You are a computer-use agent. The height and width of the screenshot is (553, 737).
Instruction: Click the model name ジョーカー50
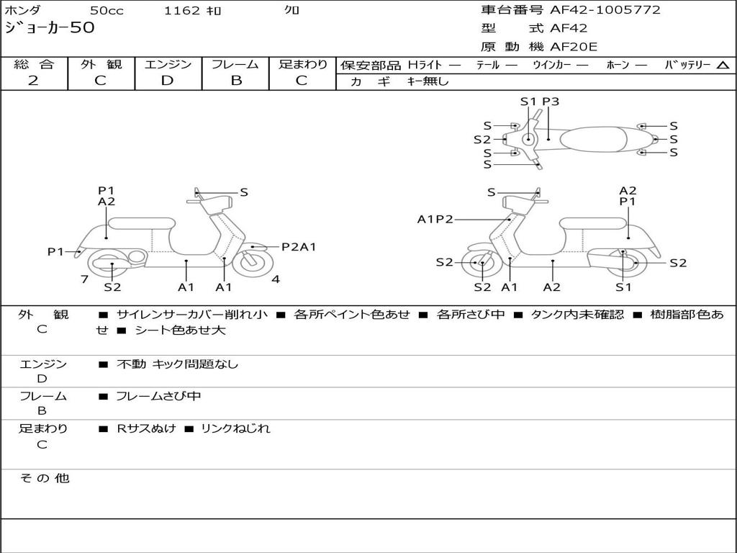pyautogui.click(x=49, y=29)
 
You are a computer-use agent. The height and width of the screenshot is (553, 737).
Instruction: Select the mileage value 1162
pyautogui.click(x=182, y=11)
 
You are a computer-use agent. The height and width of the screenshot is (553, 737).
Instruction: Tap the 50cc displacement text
pyautogui.click(x=107, y=11)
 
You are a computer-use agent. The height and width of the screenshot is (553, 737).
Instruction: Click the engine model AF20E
pyautogui.click(x=574, y=48)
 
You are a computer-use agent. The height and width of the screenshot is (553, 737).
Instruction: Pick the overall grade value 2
pyautogui.click(x=33, y=81)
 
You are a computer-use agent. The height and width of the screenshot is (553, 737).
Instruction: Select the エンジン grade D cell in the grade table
pyautogui.click(x=168, y=81)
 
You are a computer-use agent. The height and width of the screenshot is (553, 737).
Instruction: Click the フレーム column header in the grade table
pyautogui.click(x=235, y=64)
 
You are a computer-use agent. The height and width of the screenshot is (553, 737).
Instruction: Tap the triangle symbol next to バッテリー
pyautogui.click(x=723, y=66)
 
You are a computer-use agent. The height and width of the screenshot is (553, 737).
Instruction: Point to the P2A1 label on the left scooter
pyautogui.click(x=299, y=247)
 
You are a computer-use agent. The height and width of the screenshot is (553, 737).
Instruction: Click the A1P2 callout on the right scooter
pyautogui.click(x=435, y=220)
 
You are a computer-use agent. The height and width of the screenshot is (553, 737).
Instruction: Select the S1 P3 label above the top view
pyautogui.click(x=540, y=102)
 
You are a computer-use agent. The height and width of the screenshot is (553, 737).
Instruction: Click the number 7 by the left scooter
pyautogui.click(x=84, y=279)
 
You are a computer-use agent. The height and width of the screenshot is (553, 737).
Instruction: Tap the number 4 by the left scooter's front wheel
pyautogui.click(x=276, y=279)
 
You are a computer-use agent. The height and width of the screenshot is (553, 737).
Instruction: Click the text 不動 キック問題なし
pyautogui.click(x=177, y=364)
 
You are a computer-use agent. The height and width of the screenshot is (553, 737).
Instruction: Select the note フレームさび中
pyautogui.click(x=158, y=396)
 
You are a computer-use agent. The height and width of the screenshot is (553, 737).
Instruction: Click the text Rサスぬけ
pyautogui.click(x=146, y=428)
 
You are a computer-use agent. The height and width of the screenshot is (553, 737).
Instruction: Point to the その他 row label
pyautogui.click(x=44, y=478)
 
